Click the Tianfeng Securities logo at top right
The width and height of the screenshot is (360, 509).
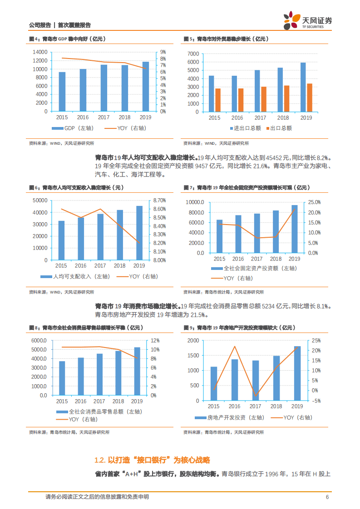[x=308, y=20]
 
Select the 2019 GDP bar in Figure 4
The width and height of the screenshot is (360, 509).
[x=145, y=86]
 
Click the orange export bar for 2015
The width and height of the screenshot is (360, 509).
[x=218, y=100]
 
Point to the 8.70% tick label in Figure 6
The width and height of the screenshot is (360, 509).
[x=159, y=201]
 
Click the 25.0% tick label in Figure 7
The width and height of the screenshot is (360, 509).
[x=315, y=202]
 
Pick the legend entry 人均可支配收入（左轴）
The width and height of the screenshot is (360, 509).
[x=75, y=276]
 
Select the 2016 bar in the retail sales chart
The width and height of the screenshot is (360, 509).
[x=81, y=376]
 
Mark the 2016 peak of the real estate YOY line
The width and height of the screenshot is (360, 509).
[x=235, y=347]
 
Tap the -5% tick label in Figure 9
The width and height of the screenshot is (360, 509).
[x=316, y=401]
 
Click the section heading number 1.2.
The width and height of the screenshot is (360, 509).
[x=100, y=460]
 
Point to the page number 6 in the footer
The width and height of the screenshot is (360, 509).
[x=327, y=497]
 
